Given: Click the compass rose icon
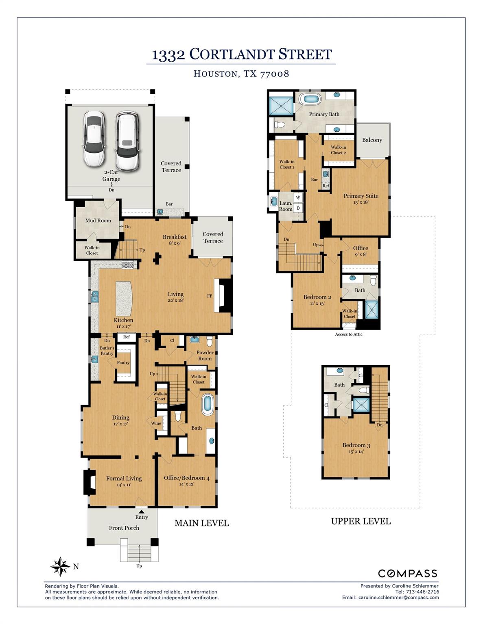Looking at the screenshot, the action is click(60, 567).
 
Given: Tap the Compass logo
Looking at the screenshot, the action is click(407, 574).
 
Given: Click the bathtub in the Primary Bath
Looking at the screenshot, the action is click(309, 99).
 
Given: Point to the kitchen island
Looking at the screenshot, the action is click(124, 298).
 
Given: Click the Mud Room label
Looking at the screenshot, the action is click(98, 221).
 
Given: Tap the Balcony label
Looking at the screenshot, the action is click(372, 140).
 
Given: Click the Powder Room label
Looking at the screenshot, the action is click(205, 355).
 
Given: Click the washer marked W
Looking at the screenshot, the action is click(298, 197).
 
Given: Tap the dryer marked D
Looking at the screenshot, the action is click(298, 208).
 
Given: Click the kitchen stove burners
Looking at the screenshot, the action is click(128, 264).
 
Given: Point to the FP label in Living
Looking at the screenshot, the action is click(210, 296).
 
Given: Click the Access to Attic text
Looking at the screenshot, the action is click(349, 334).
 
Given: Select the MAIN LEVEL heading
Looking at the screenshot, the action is click(202, 523).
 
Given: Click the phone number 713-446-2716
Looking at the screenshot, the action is click(422, 592).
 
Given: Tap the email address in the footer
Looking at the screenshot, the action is click(399, 598).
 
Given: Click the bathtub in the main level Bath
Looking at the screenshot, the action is click(207, 405).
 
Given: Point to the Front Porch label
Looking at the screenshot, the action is click(124, 528).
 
